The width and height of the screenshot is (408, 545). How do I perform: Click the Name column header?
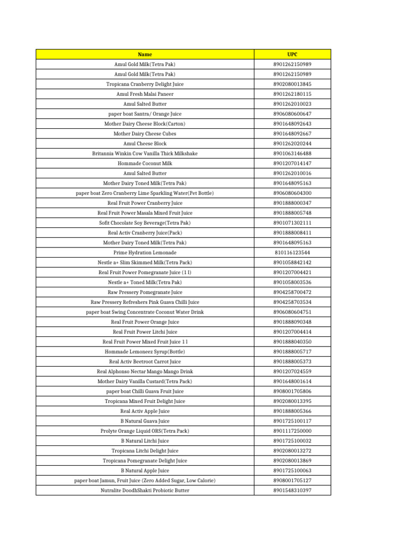144,54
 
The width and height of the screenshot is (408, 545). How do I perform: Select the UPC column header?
292,54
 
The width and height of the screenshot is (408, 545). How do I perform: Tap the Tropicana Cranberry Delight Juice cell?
144,84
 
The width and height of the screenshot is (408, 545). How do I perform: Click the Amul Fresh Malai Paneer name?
144,94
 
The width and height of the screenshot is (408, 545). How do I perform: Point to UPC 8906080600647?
292,114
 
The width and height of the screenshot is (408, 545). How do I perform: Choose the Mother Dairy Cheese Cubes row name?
144,134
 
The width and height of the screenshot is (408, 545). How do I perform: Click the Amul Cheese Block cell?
144,144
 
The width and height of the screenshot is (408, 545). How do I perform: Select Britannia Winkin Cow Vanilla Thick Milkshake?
144,153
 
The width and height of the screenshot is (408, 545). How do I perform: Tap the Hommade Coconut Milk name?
144,163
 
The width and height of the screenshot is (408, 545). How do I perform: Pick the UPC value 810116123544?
292,252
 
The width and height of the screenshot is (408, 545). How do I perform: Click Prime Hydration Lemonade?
144,252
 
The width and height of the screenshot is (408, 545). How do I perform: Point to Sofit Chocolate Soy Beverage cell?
144,222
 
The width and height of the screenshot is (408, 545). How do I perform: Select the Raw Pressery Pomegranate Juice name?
144,292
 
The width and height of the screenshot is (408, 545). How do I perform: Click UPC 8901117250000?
292,431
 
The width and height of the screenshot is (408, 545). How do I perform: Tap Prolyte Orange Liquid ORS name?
144,431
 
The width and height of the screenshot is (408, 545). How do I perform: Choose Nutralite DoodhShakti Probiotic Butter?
144,490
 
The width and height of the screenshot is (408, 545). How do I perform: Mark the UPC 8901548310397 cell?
292,490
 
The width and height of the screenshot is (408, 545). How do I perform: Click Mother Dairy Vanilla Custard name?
144,381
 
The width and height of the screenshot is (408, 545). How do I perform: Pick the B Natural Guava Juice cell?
144,421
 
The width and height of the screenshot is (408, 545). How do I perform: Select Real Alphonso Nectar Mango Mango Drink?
144,371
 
